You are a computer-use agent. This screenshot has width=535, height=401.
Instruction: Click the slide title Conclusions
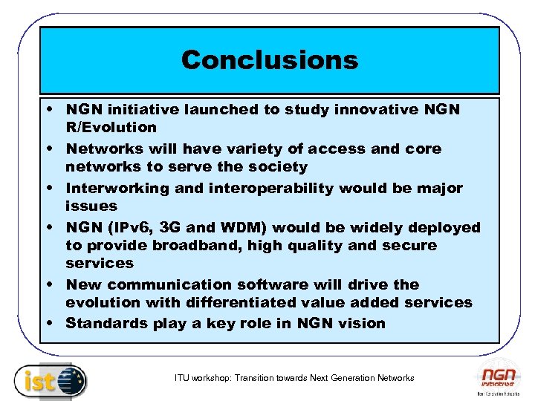(269, 59)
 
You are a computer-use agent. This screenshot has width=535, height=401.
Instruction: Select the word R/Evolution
(111, 128)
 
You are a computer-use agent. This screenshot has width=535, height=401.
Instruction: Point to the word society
(278, 167)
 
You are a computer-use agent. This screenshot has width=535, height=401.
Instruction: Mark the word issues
(91, 206)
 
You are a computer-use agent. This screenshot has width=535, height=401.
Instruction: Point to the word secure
(409, 245)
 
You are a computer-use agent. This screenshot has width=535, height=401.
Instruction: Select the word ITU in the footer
(182, 378)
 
